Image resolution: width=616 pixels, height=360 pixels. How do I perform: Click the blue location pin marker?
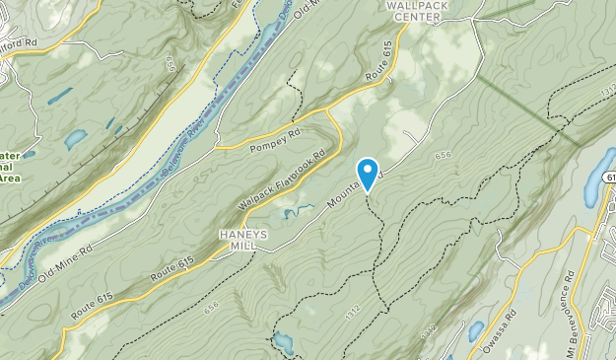point(368,173)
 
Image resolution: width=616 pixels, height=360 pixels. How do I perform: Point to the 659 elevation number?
point(171,63)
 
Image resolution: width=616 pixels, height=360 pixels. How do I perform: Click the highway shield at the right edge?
point(607,176)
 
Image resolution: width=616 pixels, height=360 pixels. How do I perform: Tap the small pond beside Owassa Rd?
point(476,330)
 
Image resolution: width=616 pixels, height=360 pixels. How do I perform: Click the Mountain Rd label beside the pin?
point(340,190)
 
